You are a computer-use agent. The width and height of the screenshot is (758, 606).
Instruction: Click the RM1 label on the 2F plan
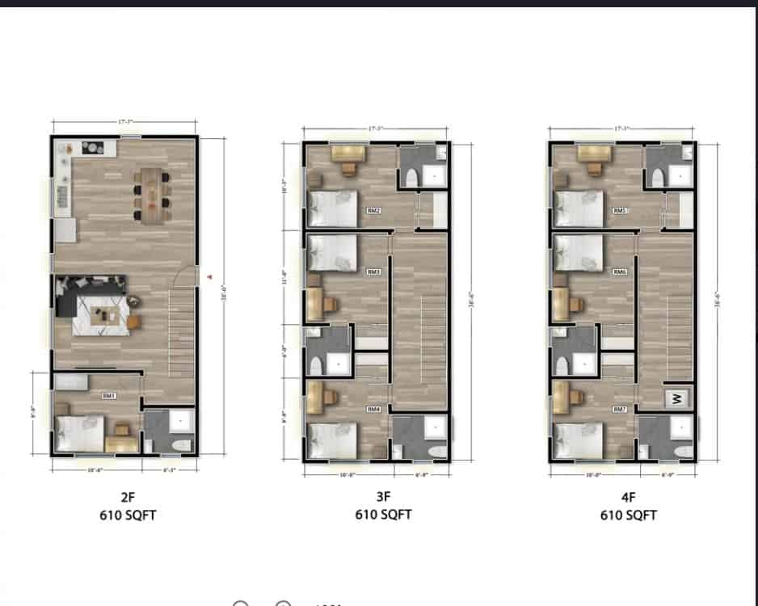tap(108, 396)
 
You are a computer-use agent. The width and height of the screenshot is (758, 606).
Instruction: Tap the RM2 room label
tap(373, 211)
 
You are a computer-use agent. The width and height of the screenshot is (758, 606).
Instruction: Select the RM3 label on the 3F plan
tap(373, 272)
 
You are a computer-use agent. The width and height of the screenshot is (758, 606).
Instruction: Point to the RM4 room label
tap(373, 410)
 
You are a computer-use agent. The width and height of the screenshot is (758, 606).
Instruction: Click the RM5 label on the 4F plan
tap(620, 211)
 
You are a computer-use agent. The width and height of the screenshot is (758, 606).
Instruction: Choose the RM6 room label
tap(620, 272)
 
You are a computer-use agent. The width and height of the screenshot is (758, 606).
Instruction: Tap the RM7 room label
tap(620, 410)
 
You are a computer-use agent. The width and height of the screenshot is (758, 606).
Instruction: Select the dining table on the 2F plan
tap(152, 195)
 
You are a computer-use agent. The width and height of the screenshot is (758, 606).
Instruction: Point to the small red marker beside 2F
tap(209, 277)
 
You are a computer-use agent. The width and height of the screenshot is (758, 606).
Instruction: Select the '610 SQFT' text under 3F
tap(383, 514)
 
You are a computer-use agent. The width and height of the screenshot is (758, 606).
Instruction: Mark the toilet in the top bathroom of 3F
tap(410, 178)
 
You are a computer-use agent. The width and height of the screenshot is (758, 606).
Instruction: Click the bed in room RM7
tap(578, 440)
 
